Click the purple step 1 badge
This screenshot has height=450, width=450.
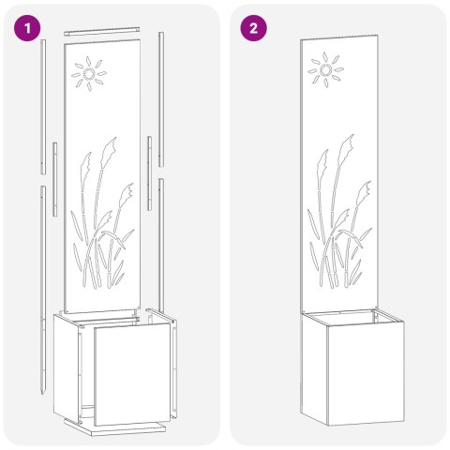[27, 28]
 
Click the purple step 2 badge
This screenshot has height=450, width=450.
[253, 28]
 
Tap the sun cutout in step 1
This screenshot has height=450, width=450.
[89, 74]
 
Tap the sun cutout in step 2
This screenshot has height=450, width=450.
[326, 69]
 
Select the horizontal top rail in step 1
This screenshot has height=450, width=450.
[102, 31]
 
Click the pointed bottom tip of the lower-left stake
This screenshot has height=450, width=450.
[42, 393]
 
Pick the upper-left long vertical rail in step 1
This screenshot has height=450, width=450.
[43, 107]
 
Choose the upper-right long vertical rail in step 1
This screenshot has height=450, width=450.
[161, 99]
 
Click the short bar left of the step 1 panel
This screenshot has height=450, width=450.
[55, 179]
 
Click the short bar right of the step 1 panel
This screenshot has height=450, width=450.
[150, 173]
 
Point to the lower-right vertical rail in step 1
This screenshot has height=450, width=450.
[161, 246]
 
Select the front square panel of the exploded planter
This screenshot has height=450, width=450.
[132, 374]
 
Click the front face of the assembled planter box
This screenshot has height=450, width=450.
[366, 374]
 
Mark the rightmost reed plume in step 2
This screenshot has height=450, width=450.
[364, 193]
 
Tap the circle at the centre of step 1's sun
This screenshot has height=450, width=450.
[89, 74]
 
